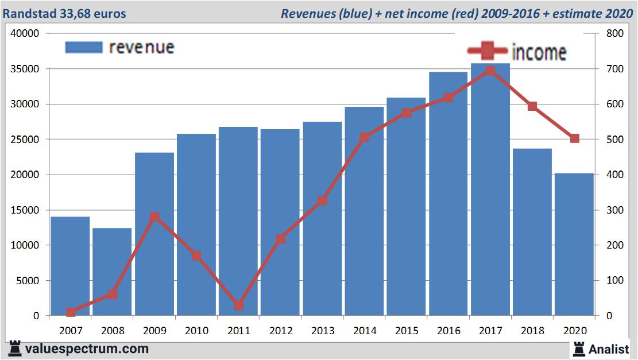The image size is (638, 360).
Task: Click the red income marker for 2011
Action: pyautogui.click(x=238, y=305)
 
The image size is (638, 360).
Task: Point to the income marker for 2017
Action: pyautogui.click(x=490, y=71)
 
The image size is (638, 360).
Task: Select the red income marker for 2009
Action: pyautogui.click(x=154, y=217)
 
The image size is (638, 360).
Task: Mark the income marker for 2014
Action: pyautogui.click(x=364, y=137)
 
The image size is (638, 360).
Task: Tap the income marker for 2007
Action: pyautogui.click(x=71, y=312)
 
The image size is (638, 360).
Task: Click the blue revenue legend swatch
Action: pyautogui.click(x=84, y=47)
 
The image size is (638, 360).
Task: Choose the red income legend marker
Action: pyautogui.click(x=487, y=51)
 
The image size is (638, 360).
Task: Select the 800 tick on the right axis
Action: pyautogui.click(x=609, y=33)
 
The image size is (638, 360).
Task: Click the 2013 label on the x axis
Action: pyautogui.click(x=322, y=331)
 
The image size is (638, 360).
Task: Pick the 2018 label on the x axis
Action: pyautogui.click(x=532, y=331)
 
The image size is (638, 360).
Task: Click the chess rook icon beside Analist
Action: pyautogui.click(x=578, y=348)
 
